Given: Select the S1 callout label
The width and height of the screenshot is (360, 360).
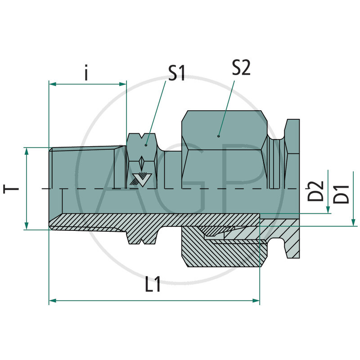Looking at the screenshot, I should pyautogui.click(x=177, y=73).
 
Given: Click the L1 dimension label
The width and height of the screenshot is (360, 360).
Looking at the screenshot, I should pyautogui.click(x=153, y=287).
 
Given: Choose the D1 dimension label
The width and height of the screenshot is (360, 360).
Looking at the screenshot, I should pyautogui.click(x=343, y=193).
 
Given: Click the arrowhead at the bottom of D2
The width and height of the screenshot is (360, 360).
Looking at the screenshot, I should pyautogui.click(x=328, y=210).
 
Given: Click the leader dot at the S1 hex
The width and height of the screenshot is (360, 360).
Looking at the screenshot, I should pyautogui.click(x=146, y=145).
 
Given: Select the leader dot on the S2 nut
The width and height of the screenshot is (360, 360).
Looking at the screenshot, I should pyautogui.click(x=218, y=135).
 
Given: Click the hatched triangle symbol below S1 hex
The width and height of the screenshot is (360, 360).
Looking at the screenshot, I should pyautogui.click(x=139, y=179).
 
